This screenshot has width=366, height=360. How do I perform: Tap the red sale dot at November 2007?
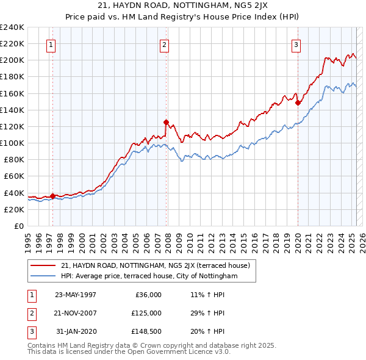click(x=166, y=122)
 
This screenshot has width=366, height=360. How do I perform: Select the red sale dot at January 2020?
click(x=298, y=103)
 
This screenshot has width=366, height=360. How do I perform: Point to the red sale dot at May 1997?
click(x=52, y=196)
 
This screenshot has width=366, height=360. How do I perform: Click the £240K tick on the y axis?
click(x=12, y=27)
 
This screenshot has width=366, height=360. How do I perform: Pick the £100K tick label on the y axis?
click(x=12, y=143)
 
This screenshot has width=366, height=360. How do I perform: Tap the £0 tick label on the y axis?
click(x=18, y=226)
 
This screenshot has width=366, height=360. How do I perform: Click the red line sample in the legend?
click(x=45, y=265)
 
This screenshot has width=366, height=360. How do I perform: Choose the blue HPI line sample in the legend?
click(x=45, y=276)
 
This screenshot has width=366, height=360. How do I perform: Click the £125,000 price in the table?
click(x=146, y=313)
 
